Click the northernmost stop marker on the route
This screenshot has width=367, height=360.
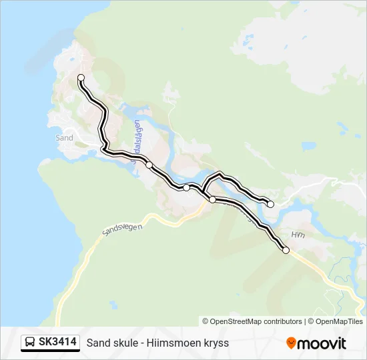click(81, 78)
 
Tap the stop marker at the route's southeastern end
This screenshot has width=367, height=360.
click(286, 251)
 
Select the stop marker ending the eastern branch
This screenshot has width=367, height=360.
click(270, 204)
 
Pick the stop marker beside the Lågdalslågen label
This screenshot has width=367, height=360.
click(149, 165)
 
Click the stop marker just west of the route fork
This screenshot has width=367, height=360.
click(187, 188)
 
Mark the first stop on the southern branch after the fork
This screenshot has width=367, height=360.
click(212, 199)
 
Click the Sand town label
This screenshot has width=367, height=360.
click(65, 138)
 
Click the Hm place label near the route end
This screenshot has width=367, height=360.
click(297, 235)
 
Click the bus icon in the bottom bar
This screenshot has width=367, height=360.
click(30, 343)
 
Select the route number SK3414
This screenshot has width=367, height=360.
click(57, 343)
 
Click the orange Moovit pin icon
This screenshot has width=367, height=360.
click(291, 343)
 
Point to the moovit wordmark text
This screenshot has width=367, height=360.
click(322, 343)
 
